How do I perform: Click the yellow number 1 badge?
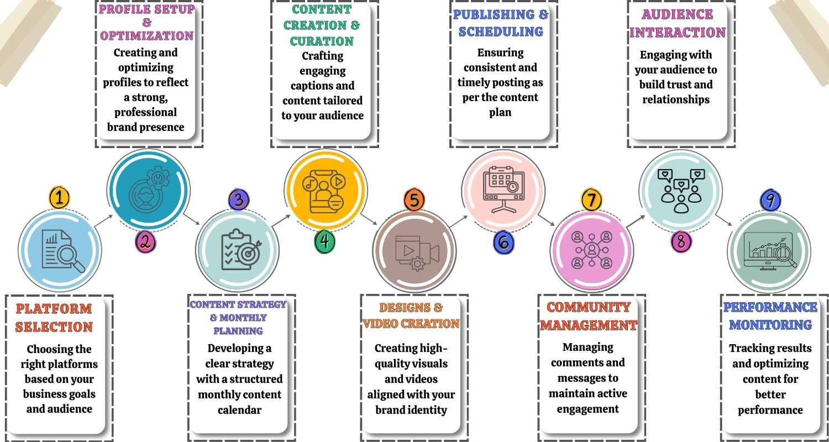coord(60,197)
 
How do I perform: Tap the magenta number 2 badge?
coord(145,241)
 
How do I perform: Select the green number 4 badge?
coord(325,241)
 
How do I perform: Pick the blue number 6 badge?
coord(504,242)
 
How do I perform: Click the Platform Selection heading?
coord(54,318)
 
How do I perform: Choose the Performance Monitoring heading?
coord(770,316)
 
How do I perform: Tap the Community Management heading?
coord(589,316)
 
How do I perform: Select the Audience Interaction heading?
coord(677,23)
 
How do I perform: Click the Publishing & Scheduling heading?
coord(501,23)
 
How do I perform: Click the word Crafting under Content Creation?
coord(323,56)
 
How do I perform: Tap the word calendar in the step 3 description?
coord(239,410)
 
